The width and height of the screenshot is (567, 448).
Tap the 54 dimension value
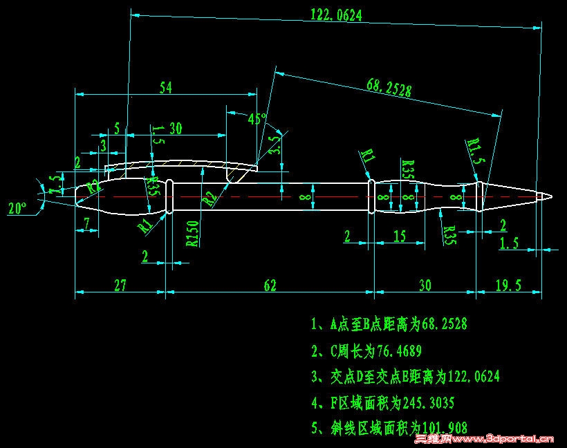(165, 87)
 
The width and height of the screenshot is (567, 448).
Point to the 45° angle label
(257, 119)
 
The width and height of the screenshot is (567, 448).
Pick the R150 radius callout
(193, 234)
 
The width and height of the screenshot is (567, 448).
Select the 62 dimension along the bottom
(269, 285)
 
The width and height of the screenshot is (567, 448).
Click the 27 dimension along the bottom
(120, 285)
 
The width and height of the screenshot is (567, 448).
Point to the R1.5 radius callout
(474, 151)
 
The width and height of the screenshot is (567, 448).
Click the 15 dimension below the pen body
(399, 236)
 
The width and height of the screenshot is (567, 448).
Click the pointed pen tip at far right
(550, 197)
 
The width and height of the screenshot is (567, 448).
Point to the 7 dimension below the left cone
(86, 223)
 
